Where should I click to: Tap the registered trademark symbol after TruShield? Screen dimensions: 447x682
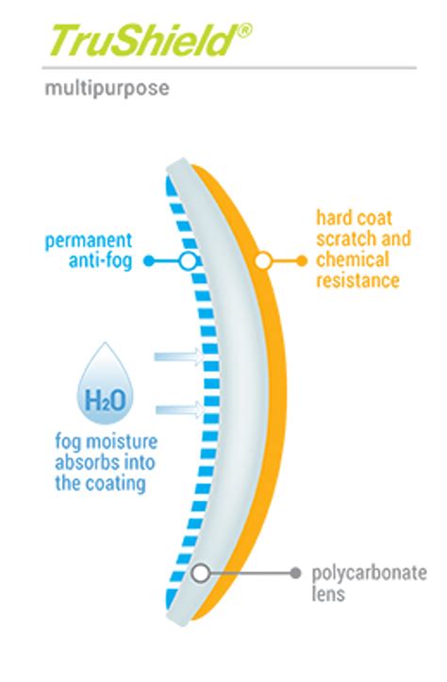click(x=245, y=30)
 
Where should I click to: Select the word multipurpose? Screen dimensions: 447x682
click(x=107, y=90)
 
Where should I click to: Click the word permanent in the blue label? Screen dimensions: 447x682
click(x=89, y=241)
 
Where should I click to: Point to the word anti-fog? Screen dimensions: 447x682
click(x=101, y=261)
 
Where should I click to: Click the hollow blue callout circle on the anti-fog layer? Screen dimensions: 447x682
click(x=189, y=261)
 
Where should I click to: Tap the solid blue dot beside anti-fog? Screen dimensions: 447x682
click(x=149, y=261)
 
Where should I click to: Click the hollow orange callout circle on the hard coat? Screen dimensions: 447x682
click(x=262, y=261)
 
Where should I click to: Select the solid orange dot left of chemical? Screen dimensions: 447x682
click(x=302, y=261)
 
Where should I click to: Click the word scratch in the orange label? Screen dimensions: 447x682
click(x=340, y=239)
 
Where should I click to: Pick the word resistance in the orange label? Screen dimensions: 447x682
click(x=357, y=280)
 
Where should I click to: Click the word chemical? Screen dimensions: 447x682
click(x=352, y=259)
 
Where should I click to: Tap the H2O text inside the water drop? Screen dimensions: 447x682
click(x=106, y=400)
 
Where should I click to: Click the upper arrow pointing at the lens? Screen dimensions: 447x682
click(x=179, y=357)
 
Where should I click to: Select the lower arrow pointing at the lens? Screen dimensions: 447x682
click(x=179, y=409)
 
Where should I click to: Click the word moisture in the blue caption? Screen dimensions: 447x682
click(x=122, y=441)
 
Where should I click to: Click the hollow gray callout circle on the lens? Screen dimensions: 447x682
click(x=201, y=574)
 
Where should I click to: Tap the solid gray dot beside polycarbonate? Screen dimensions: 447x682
click(x=296, y=574)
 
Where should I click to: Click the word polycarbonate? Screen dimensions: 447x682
click(x=370, y=574)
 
